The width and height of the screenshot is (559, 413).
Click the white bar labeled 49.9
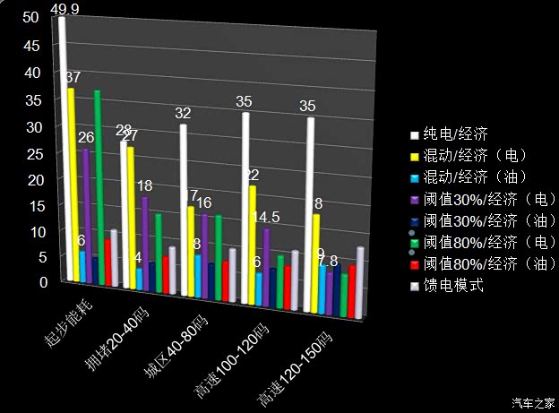pyautogui.click(x=63, y=143)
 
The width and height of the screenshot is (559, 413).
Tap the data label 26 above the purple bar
pyautogui.click(x=86, y=137)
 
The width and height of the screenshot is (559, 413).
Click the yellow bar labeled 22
pyautogui.click(x=254, y=237)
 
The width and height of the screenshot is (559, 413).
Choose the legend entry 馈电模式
pyautogui.click(x=452, y=286)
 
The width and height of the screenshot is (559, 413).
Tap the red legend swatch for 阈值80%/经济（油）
pyautogui.click(x=414, y=265)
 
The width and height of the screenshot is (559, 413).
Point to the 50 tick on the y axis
pyautogui.click(x=30, y=17)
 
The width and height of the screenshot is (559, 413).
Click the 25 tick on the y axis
pyautogui.click(x=30, y=152)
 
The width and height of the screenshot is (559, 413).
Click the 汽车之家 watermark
pyautogui.click(x=535, y=401)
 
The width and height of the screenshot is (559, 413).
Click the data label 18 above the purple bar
pyautogui.click(x=144, y=185)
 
